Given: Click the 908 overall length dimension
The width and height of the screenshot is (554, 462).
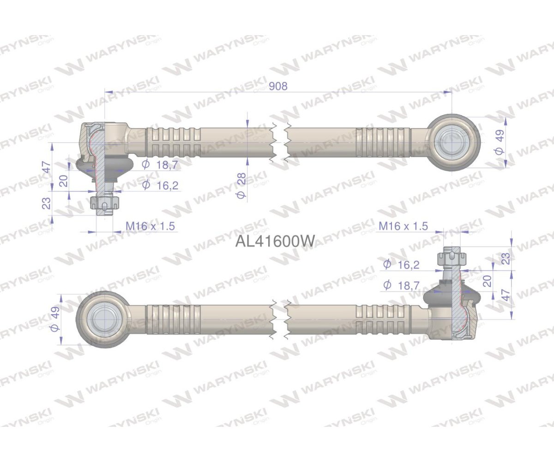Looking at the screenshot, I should click(278, 86).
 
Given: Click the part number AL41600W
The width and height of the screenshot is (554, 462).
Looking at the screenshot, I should click(276, 241).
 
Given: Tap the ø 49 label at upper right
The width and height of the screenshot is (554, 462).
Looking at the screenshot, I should click(498, 142).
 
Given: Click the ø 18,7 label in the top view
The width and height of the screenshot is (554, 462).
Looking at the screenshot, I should click(160, 164).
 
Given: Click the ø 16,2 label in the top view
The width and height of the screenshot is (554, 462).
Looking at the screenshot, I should click(160, 185).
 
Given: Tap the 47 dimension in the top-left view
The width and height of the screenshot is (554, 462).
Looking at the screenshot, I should click(47, 167).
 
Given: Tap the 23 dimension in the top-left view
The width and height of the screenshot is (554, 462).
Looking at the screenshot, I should click(47, 204).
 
